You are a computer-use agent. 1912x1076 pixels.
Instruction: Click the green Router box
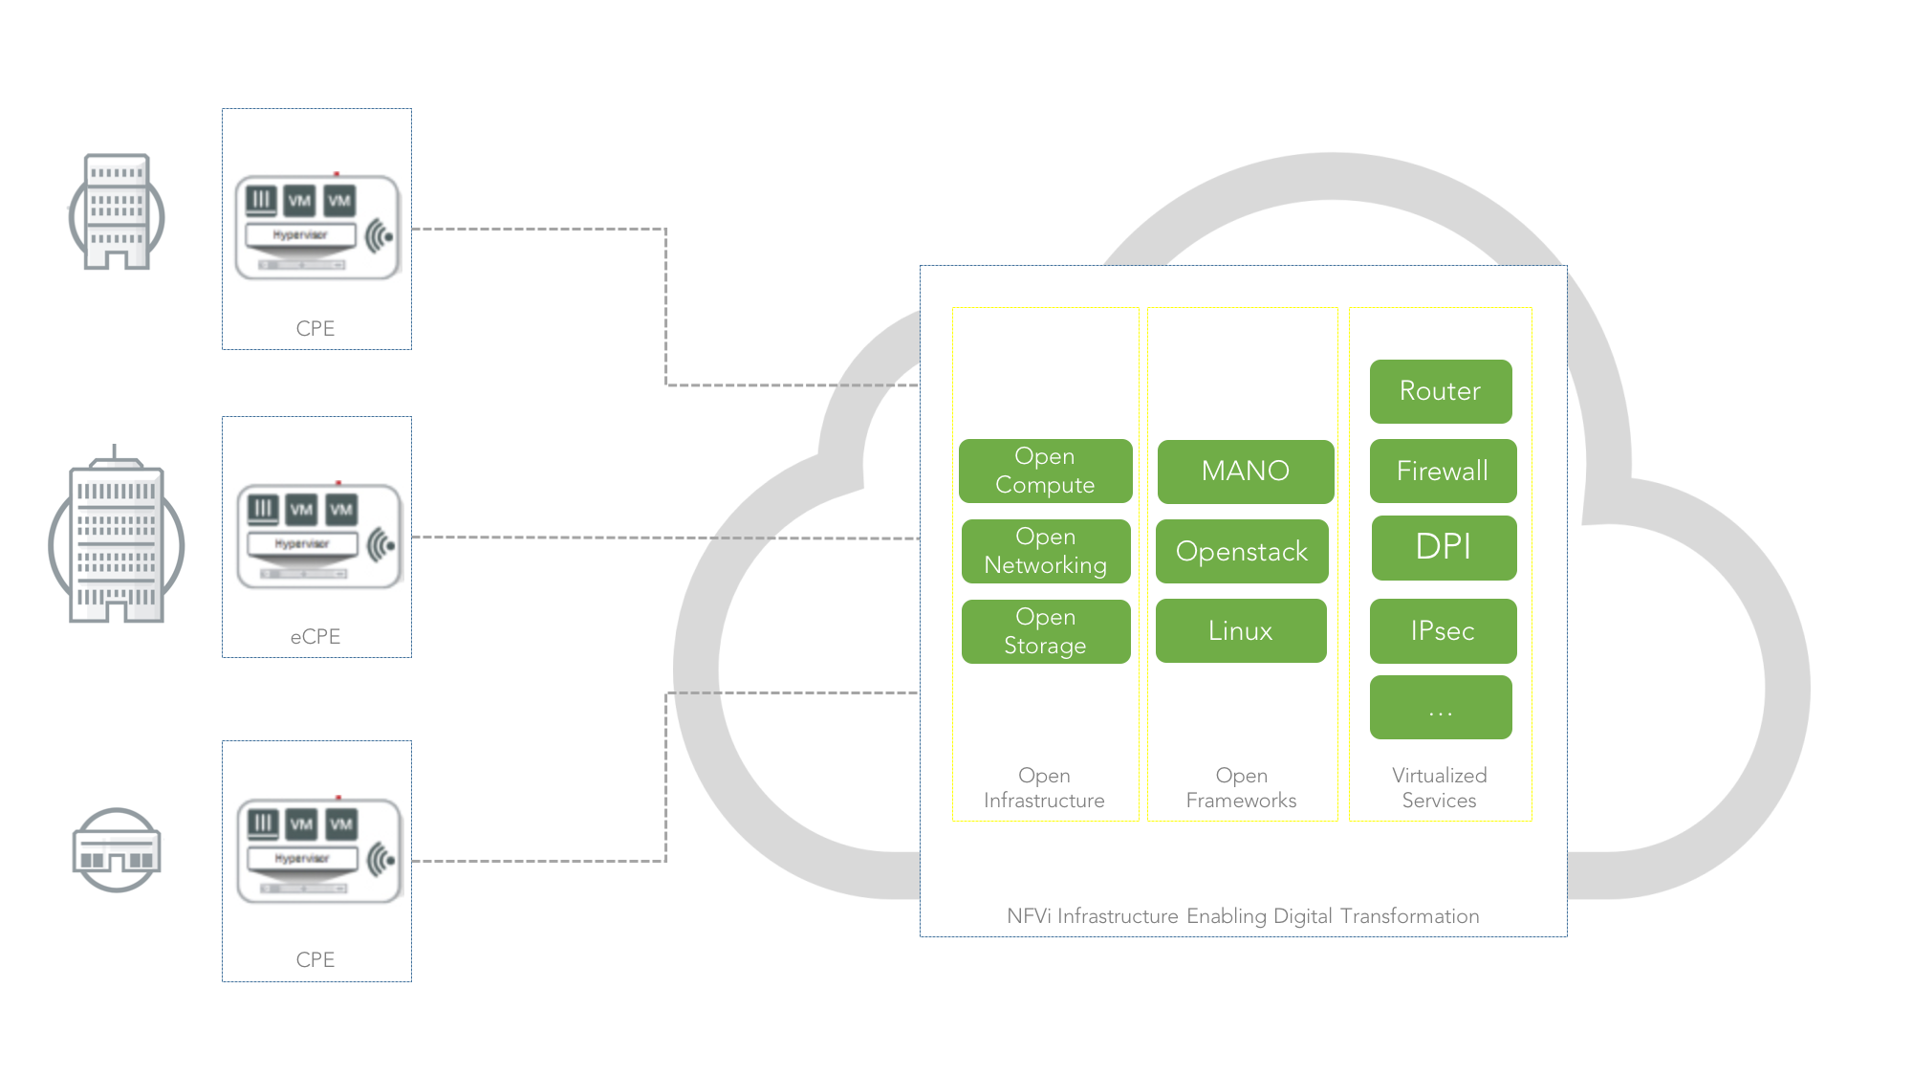tap(1440, 391)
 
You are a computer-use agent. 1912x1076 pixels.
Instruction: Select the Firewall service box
tap(1442, 471)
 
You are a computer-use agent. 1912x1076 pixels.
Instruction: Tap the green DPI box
tap(1443, 547)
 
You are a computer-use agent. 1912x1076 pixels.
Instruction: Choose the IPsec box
tap(1442, 630)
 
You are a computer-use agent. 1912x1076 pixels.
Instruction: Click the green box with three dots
tap(1440, 708)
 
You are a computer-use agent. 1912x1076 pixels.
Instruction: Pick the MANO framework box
tap(1245, 471)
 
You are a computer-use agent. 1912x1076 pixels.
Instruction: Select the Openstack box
tap(1241, 551)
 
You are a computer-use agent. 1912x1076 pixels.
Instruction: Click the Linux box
tap(1240, 630)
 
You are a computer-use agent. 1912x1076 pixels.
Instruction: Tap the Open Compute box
tap(1045, 471)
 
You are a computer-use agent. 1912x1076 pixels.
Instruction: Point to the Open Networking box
tap(1045, 551)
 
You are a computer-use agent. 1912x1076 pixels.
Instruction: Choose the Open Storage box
tap(1045, 631)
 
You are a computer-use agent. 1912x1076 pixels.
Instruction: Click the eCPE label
tap(315, 637)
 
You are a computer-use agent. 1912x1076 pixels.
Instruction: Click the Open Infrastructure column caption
tap(1044, 788)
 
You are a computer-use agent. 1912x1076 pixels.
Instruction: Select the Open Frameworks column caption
tap(1241, 788)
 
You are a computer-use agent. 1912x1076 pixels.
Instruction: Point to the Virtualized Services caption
tap(1439, 788)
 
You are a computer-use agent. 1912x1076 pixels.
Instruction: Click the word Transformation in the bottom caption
tap(1409, 916)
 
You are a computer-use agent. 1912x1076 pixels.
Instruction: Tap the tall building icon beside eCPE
tap(116, 540)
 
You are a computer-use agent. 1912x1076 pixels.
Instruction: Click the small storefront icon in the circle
tap(117, 850)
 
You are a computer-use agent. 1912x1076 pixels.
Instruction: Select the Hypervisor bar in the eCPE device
tap(302, 544)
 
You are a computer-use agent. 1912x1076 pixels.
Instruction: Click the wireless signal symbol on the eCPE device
tap(381, 545)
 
